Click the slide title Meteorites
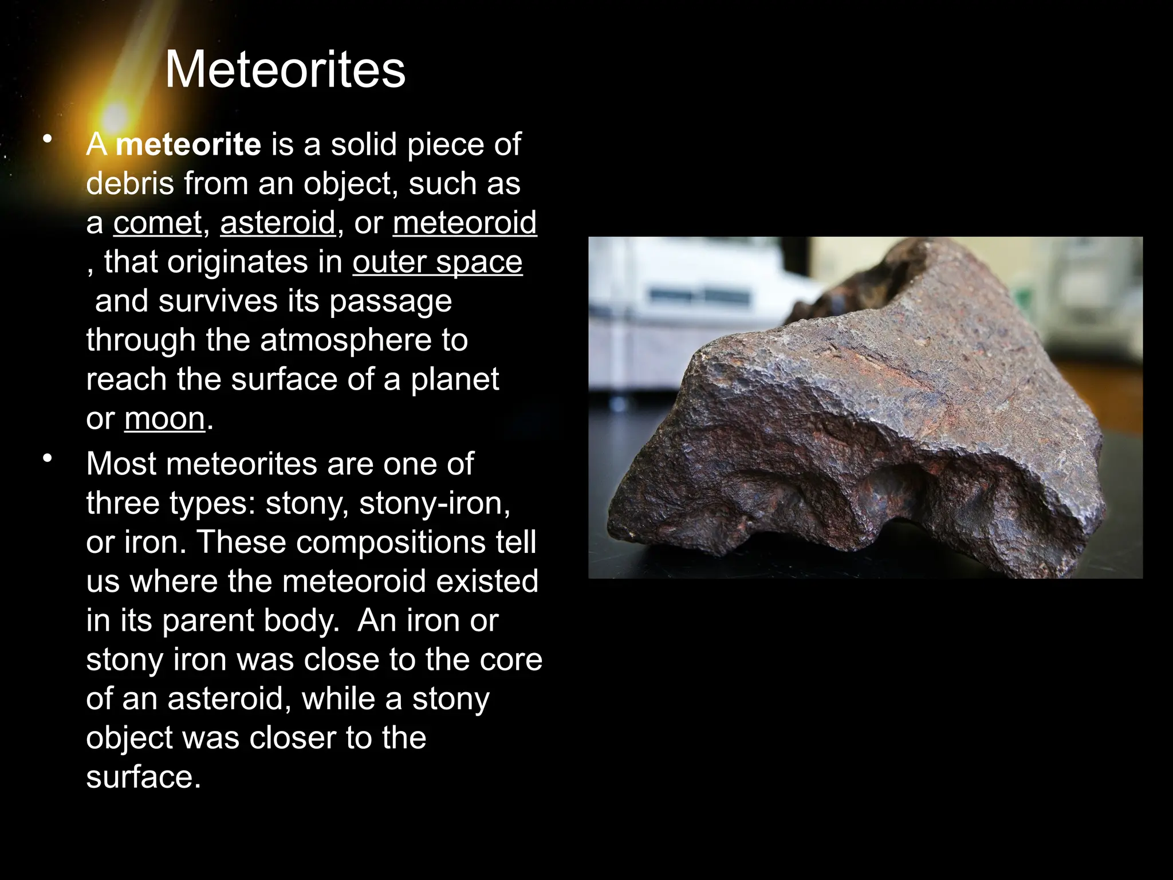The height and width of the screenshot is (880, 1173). pos(285,70)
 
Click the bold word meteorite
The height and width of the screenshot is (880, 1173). pos(188,144)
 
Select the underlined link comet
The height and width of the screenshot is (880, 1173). pos(158,223)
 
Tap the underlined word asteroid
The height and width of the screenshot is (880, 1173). pos(278,223)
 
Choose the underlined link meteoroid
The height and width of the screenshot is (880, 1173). pos(465,223)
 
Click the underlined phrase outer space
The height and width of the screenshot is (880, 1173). pos(437,262)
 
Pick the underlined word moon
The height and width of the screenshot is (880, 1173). pos(165,419)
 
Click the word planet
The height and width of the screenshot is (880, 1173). pos(455,379)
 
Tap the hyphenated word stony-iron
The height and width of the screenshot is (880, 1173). pos(434,503)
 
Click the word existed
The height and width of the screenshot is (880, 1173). pos(487,581)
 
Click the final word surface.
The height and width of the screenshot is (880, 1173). pos(143,777)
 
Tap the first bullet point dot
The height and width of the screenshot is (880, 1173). pos(48,139)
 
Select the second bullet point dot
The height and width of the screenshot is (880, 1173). pos(48,458)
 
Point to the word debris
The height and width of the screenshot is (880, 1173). pos(130,184)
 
